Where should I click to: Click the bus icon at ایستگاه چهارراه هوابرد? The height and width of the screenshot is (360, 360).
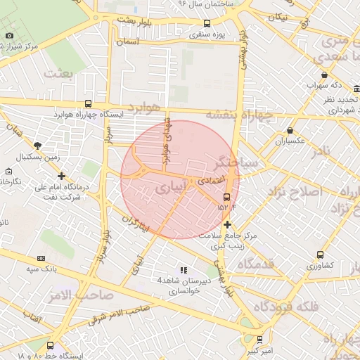click(88, 103)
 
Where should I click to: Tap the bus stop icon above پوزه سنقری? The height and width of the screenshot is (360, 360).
click(205, 23)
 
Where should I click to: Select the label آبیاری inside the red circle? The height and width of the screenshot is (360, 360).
click(171, 188)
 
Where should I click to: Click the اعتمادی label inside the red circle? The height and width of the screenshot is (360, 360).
click(210, 181)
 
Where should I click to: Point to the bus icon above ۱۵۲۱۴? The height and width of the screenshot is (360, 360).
click(226, 198)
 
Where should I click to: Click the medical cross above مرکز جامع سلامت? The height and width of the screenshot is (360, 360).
click(227, 224)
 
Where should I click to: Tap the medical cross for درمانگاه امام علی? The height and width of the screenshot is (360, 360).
click(62, 176)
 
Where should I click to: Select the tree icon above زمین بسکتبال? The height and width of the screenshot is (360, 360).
click(37, 146)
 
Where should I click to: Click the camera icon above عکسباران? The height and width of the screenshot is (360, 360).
click(290, 130)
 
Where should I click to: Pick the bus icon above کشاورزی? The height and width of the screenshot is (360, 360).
click(321, 255)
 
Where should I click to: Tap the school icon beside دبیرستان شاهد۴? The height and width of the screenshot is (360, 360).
click(184, 270)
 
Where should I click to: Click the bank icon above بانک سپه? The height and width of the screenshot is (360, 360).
click(41, 257)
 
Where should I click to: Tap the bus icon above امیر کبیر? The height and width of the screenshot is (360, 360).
click(259, 339)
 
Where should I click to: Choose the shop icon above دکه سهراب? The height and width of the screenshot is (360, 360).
click(323, 75)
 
